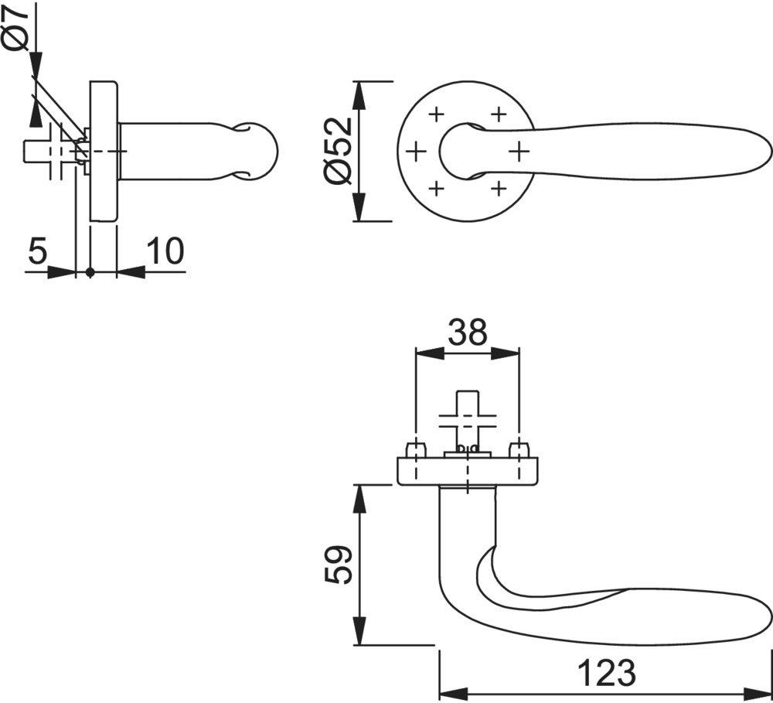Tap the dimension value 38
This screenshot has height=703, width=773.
point(467,332)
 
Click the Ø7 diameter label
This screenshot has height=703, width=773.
point(15,27)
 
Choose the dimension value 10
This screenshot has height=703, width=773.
point(163,251)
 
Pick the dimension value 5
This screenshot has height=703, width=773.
point(38,251)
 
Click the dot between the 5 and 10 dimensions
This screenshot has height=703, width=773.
point(90,272)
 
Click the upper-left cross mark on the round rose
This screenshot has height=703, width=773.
point(435,114)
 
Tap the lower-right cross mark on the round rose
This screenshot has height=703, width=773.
point(499,186)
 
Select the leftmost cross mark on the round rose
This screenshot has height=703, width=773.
point(416,150)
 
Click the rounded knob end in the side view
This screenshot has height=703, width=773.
point(259,151)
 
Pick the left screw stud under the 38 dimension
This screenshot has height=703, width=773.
point(416,449)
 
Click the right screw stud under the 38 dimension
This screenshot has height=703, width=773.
point(519,449)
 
